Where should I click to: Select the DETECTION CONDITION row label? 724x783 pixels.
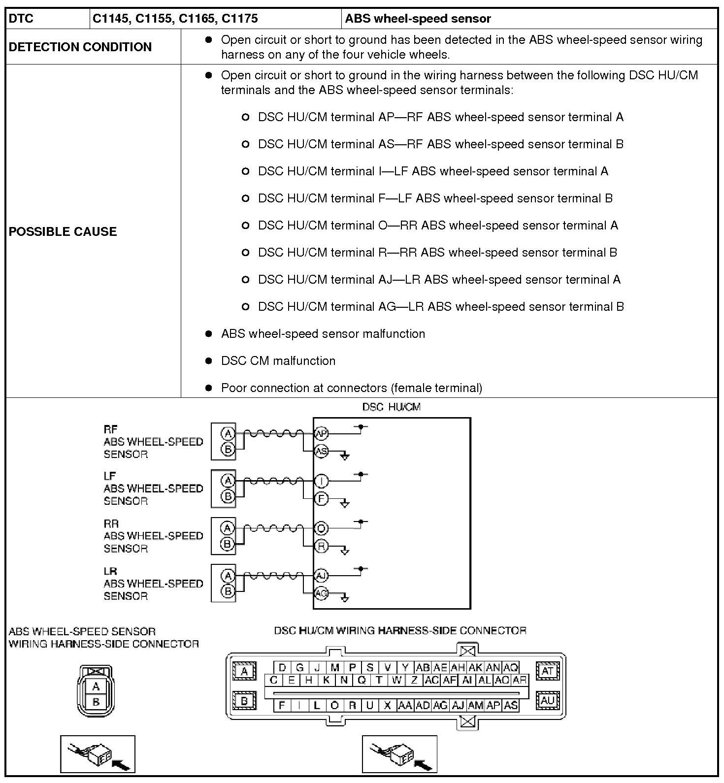coord(80,47)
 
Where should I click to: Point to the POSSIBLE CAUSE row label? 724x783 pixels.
coord(63,231)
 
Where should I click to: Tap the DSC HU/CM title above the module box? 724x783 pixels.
coord(391,407)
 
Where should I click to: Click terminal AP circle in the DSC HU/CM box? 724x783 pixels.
coord(321,434)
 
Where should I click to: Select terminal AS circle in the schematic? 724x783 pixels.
coord(321,451)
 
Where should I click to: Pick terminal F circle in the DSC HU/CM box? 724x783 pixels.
coord(321,499)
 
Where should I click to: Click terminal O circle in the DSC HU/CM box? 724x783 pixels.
coord(321,528)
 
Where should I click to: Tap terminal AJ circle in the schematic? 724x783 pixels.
coord(321,576)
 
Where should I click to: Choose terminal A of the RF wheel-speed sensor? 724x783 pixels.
coord(228,434)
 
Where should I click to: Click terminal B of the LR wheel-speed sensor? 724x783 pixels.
coord(228,591)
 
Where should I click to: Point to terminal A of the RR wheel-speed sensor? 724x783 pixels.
coord(228,528)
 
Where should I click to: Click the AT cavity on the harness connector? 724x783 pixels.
coord(548,671)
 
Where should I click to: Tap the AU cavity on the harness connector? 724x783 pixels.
coord(548,700)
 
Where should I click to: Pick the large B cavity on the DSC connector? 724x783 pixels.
coord(244,700)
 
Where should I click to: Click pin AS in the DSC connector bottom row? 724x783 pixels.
coord(511,705)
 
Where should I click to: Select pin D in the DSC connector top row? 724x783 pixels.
coord(282,668)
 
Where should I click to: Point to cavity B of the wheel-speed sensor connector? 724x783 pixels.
coord(96,702)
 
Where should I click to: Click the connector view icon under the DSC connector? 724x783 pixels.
coord(399,754)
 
